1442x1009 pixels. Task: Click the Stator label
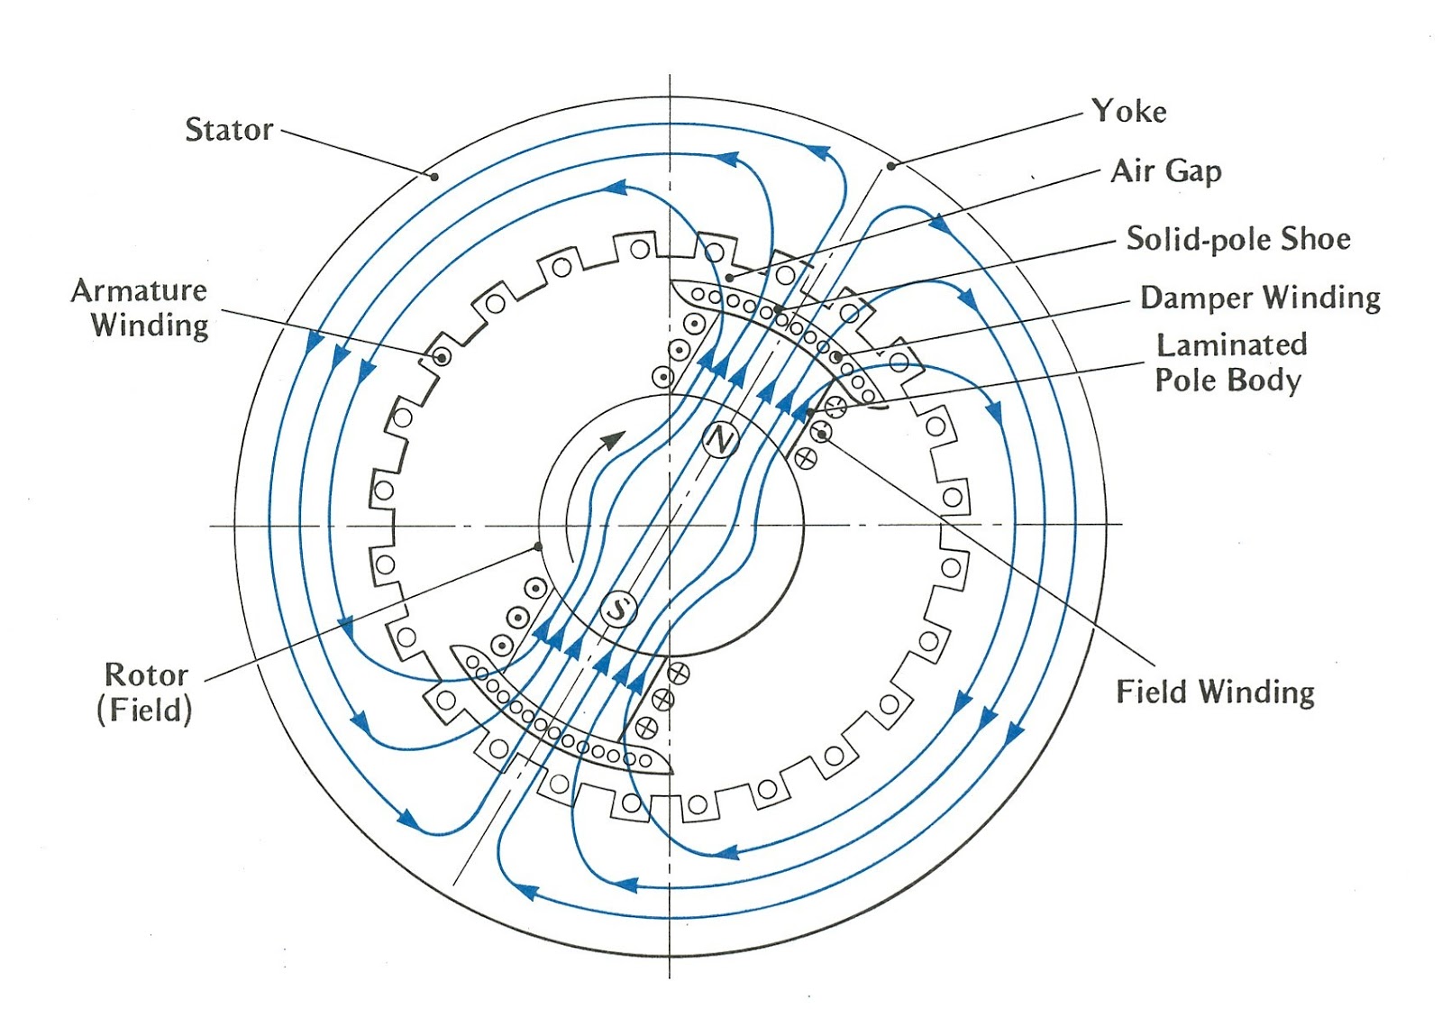(229, 130)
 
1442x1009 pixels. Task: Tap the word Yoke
(1129, 112)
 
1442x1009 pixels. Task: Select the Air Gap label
(1166, 171)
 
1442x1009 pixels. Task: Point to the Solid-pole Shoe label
(1238, 239)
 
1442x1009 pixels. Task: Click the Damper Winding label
(1261, 298)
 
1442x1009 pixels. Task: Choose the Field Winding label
(1215, 693)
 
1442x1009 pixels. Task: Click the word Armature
(139, 291)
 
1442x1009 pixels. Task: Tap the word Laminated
(1231, 345)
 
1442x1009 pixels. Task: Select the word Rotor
(146, 674)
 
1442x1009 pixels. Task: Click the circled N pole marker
(720, 441)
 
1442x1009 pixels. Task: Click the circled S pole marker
(618, 609)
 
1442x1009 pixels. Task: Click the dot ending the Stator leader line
(434, 177)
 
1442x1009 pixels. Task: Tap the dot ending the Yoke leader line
(891, 166)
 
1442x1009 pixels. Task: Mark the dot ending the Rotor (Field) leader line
(537, 547)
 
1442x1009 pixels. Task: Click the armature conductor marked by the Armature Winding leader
(442, 357)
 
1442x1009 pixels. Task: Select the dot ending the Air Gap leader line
(729, 278)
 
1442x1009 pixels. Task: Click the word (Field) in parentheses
(145, 711)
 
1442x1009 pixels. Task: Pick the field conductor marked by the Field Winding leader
(821, 432)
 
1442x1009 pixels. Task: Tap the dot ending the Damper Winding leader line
(837, 356)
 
